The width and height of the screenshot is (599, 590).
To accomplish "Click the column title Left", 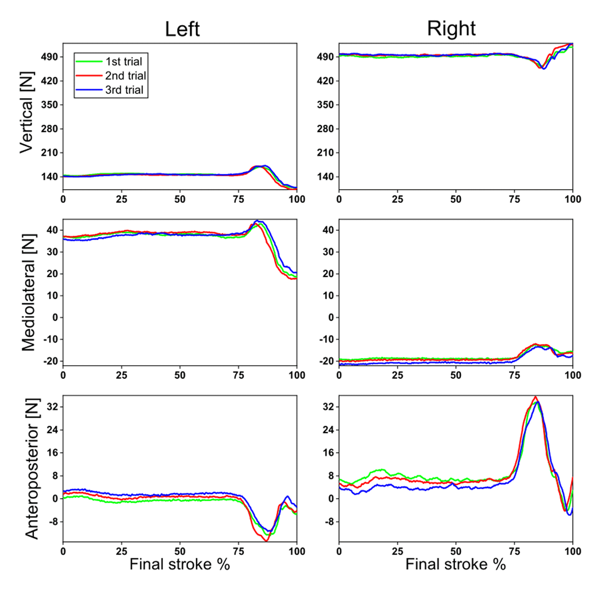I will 182,29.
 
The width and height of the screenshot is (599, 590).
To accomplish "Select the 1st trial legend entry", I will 123,61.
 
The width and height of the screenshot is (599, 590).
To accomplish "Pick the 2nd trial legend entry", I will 125,76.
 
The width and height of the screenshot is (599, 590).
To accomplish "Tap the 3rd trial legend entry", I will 124,90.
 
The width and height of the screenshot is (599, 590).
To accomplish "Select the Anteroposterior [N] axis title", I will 31,469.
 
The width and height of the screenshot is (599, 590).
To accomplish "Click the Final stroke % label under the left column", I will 180,565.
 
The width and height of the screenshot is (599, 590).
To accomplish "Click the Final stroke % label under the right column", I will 455,565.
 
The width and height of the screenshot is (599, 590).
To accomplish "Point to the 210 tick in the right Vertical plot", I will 325,152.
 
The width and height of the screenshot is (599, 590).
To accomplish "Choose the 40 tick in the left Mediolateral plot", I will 52,230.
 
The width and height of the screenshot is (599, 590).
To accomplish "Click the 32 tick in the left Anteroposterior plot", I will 52,407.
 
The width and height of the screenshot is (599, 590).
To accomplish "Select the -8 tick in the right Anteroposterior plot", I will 327,522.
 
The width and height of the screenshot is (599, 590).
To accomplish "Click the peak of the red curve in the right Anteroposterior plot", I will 536,397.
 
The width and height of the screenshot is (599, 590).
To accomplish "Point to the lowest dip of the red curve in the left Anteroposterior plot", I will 266,541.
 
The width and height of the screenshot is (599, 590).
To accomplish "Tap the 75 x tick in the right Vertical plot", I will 514,199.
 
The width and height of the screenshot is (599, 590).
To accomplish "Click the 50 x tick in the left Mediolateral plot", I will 180,375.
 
